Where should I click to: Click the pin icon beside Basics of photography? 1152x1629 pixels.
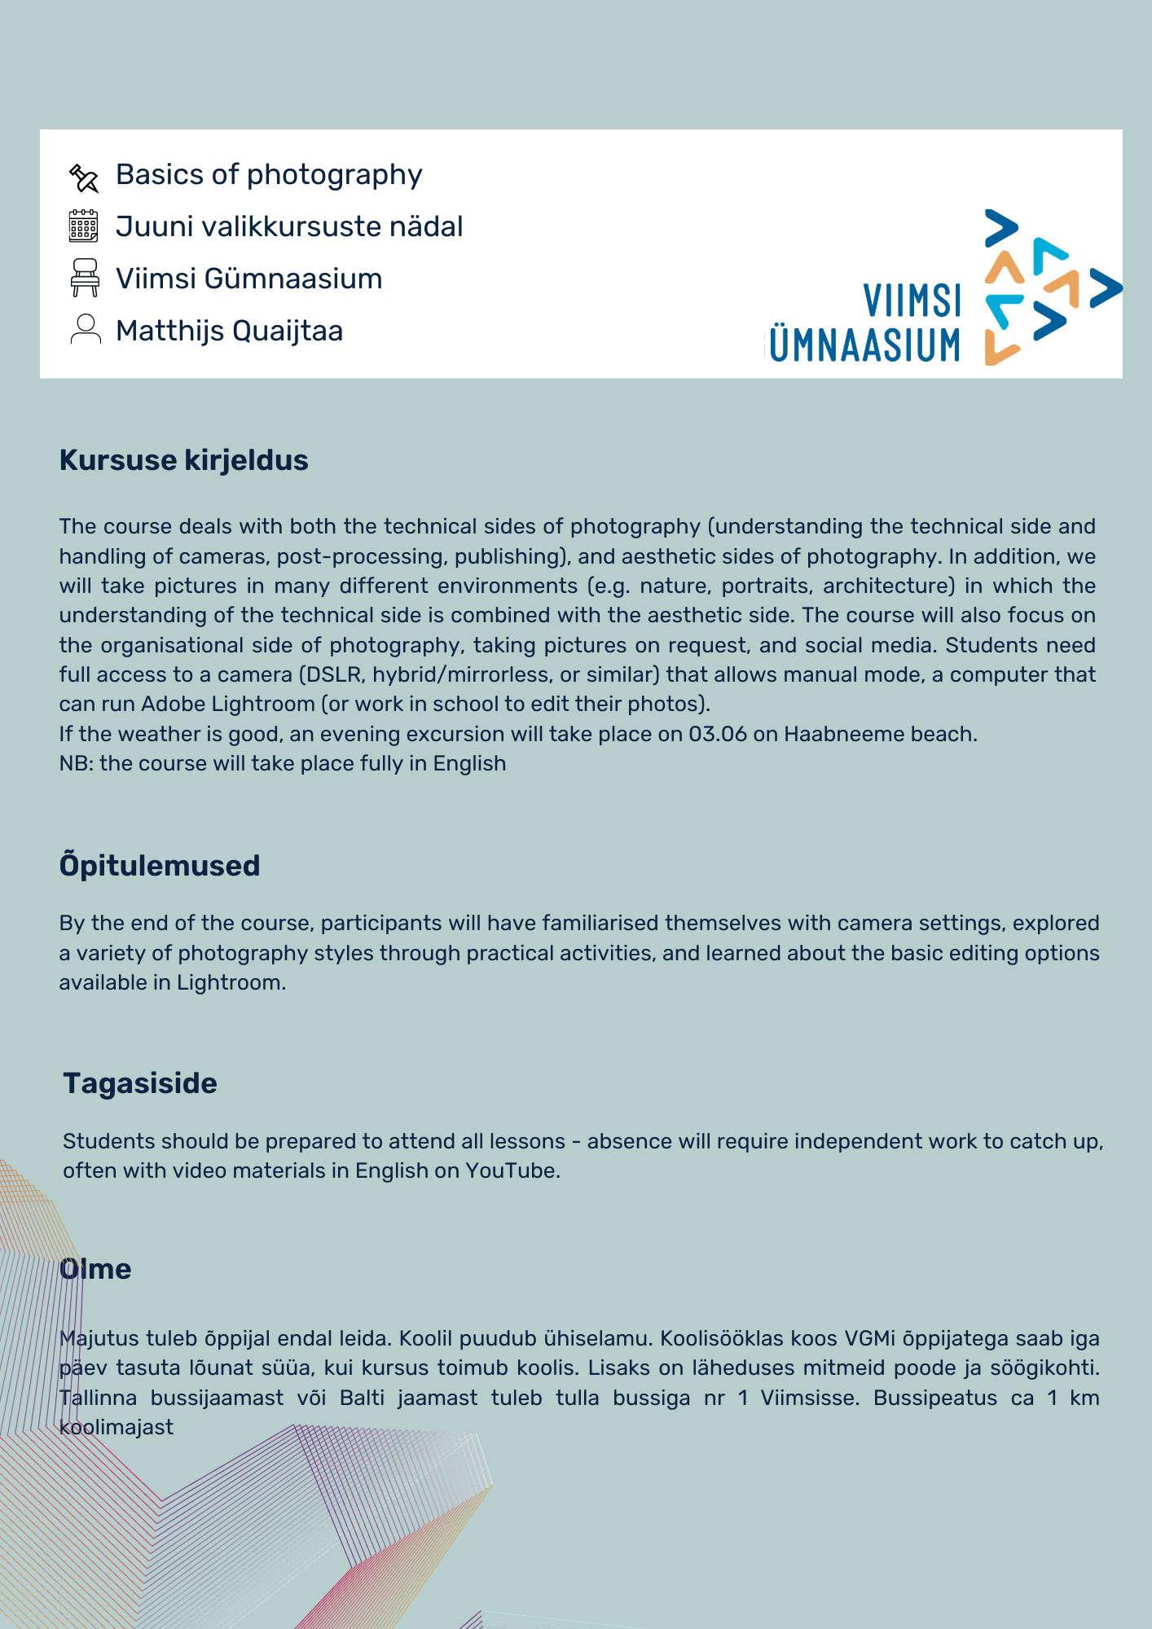84,177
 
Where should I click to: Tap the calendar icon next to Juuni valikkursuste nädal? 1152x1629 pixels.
84,226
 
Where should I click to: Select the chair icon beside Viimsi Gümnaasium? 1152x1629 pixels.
85,278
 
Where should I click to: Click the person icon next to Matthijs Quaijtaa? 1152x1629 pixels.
85,330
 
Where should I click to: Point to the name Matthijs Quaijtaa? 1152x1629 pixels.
229,331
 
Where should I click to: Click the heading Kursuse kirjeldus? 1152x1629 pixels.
183,460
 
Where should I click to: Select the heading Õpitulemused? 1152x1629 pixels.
159,865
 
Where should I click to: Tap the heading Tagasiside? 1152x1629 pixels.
140,1083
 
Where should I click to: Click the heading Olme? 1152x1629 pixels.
95,1269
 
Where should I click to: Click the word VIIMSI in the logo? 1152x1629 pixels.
912,301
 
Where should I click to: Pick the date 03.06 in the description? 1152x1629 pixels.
717,734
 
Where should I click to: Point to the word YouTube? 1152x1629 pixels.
510,1170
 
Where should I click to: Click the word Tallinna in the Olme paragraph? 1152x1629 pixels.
99,1398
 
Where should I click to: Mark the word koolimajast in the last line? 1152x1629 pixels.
116,1427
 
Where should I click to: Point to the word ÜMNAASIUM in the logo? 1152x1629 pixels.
865,345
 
